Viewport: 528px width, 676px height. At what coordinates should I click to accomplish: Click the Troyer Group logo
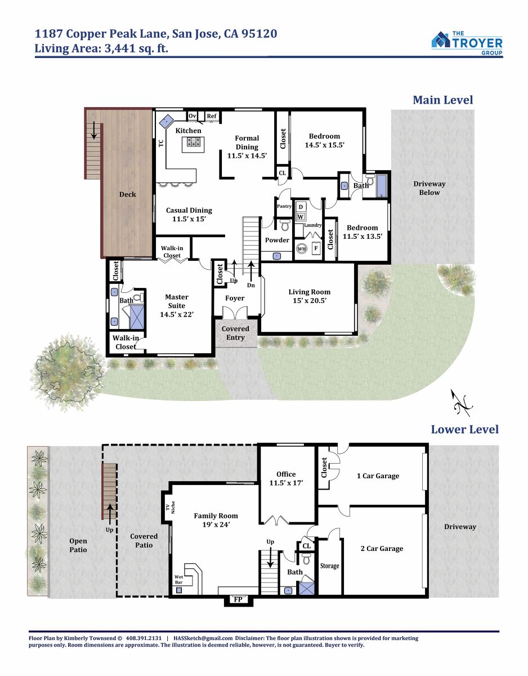point(467,43)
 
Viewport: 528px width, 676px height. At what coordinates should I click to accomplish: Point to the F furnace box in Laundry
point(316,248)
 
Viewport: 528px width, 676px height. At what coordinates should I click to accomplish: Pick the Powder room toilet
point(285,225)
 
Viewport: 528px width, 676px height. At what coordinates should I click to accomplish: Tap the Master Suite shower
point(136,317)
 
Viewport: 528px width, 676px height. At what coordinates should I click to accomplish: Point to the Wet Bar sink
point(179,590)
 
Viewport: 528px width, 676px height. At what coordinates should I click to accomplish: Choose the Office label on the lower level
point(286,474)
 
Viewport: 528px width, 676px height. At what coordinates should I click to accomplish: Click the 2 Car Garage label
point(382,549)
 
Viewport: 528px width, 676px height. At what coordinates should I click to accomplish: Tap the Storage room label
point(329,566)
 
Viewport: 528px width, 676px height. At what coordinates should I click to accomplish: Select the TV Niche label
point(170,507)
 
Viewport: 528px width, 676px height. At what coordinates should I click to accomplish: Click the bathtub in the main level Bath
point(381,186)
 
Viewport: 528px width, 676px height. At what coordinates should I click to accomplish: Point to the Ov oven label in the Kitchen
point(193,115)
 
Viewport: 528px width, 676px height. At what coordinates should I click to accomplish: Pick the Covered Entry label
point(235,333)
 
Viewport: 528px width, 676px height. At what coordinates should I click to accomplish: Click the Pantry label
point(284,206)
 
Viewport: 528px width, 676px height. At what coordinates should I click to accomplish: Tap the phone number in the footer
point(144,638)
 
